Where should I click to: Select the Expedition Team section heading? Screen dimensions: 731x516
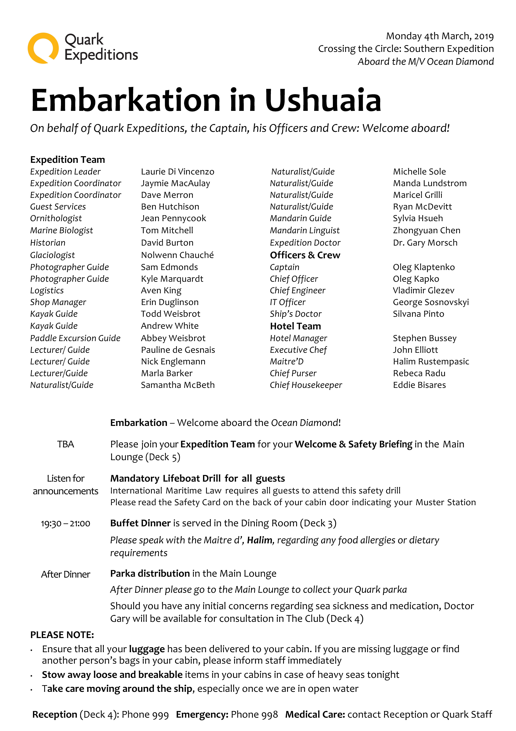(x=67, y=159)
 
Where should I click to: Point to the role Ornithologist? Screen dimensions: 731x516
(x=56, y=218)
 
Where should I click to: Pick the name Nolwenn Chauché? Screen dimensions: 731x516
(x=177, y=255)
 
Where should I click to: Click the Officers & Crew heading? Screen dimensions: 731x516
(x=305, y=255)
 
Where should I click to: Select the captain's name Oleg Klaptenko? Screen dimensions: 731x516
(x=424, y=267)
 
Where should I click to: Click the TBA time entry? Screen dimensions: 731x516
(x=65, y=444)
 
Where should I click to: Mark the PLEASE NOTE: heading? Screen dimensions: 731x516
(x=62, y=635)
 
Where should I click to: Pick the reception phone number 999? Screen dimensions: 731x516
(x=160, y=715)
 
